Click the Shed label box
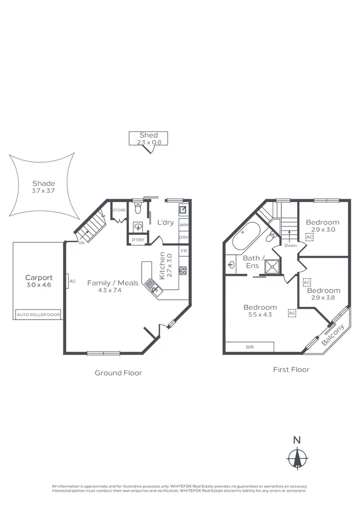148,138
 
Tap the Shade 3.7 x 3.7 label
44,187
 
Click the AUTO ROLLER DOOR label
38,315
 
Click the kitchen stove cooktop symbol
183,270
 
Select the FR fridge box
184,251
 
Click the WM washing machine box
184,225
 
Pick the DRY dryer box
184,237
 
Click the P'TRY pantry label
135,240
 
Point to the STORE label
119,210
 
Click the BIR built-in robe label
249,347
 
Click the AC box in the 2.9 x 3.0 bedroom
310,237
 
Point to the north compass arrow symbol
298,456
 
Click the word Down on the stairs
290,245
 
